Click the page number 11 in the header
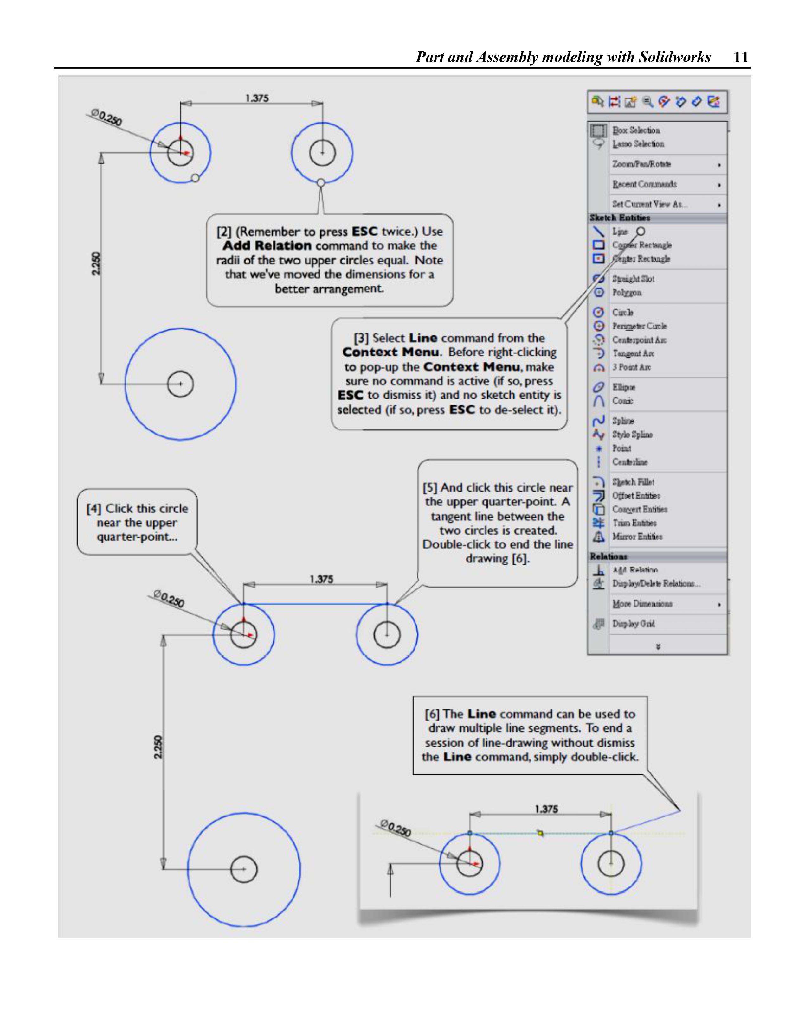click(x=741, y=57)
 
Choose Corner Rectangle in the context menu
click(x=641, y=245)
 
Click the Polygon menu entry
click(x=627, y=293)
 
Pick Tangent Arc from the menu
click(x=633, y=353)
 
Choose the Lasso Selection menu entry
click(x=638, y=144)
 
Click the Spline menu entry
click(x=623, y=421)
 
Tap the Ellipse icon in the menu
click(x=598, y=387)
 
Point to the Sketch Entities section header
click(x=620, y=218)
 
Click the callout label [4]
click(x=94, y=509)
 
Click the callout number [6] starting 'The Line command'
click(x=432, y=714)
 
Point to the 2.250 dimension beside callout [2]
click(x=96, y=264)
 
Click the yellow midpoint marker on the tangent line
click(x=540, y=834)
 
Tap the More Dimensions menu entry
click(x=642, y=604)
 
